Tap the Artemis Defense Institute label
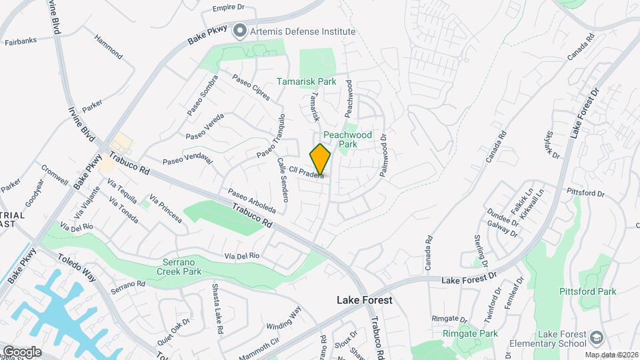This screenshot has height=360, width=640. [x=301, y=31]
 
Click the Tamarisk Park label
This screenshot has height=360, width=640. [x=307, y=82]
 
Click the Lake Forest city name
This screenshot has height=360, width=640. [x=364, y=300]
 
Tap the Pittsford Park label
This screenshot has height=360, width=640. [x=587, y=291]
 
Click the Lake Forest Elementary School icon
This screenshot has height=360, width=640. [x=596, y=336]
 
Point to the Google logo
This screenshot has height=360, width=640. [x=21, y=352]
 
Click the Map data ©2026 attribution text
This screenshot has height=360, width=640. [x=611, y=354]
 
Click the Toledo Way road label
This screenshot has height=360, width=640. [x=77, y=267]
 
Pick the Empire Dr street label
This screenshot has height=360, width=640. [x=229, y=9]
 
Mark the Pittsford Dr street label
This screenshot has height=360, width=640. [x=585, y=193]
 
